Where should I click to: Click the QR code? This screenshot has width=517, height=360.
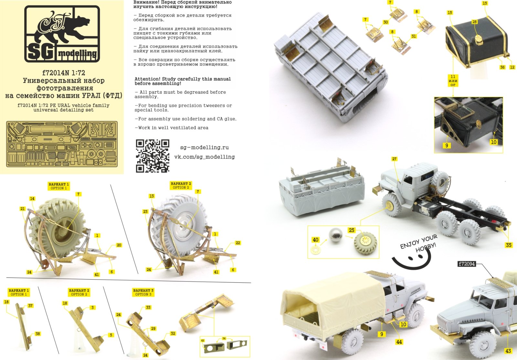pos(153,156)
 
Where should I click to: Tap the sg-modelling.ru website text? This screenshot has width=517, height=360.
pos(204,147)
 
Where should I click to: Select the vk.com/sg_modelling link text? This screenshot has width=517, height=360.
pos(204,157)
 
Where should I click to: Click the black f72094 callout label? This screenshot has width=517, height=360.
pos(467,264)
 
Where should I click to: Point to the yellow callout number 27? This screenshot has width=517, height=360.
pos(394,159)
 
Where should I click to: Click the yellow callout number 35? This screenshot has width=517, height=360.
pos(509,245)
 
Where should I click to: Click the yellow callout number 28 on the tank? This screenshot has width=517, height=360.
pos(474,22)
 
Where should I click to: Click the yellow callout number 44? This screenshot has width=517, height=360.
pos(399,342)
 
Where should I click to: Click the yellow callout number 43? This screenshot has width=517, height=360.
pos(508,351)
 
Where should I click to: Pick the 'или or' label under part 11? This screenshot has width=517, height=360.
pos(453,81)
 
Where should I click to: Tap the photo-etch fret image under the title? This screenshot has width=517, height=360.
pos(62,144)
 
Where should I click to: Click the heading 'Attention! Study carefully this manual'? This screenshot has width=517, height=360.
pos(183,81)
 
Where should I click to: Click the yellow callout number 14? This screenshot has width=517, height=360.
pos(32,199)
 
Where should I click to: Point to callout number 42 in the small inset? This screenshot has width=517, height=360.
pos(203,341)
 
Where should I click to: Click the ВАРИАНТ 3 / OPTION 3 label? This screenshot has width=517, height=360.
pos(143,292)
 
